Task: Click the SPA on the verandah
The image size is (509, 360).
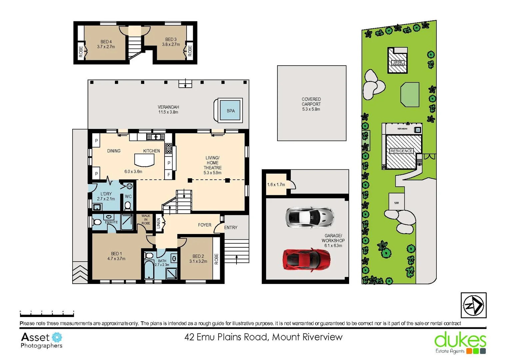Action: [x=231, y=111]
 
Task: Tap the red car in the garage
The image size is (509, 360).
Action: [x=306, y=259]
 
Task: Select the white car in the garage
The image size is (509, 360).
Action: [x=310, y=218]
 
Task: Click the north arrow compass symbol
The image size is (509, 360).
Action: [x=473, y=305]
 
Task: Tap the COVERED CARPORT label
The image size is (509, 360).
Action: [x=311, y=104]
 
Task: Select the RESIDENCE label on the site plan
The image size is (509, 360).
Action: [x=401, y=151]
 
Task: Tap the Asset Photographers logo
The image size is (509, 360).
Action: [x=41, y=340]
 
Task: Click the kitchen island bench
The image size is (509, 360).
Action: [x=144, y=160]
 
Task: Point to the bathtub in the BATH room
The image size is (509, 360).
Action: [x=149, y=270]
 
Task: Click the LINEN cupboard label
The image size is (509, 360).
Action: [x=159, y=223]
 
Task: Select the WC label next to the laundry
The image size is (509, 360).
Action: [x=128, y=196]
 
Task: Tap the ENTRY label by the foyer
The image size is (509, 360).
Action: [x=231, y=227]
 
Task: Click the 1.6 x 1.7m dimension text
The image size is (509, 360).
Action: [x=276, y=184]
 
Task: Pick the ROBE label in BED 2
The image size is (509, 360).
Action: [x=216, y=259]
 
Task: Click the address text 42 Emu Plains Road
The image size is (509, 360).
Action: [x=263, y=337]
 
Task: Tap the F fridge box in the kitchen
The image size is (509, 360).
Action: [x=169, y=174]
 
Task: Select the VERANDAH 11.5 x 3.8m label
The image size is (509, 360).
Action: [x=168, y=109]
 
